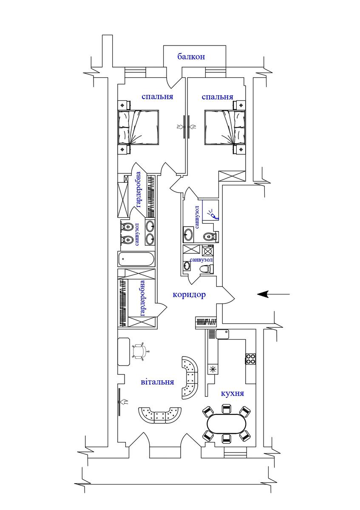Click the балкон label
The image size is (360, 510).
191,57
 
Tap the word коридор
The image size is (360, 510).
189,295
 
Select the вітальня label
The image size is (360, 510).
157,382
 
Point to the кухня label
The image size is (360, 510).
232,393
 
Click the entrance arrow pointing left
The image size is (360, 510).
273,294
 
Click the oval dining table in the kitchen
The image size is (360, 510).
227,424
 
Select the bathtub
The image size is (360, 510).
136,259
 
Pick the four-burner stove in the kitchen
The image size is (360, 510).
250,359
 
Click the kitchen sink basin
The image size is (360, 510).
222,334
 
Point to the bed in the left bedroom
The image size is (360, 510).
138,127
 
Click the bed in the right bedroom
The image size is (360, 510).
225,127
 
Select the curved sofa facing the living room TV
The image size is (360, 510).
160,416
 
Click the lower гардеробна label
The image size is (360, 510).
142,298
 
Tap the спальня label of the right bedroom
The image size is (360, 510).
218,97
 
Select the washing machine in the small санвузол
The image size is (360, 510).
207,251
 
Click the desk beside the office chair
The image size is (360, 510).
124,352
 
